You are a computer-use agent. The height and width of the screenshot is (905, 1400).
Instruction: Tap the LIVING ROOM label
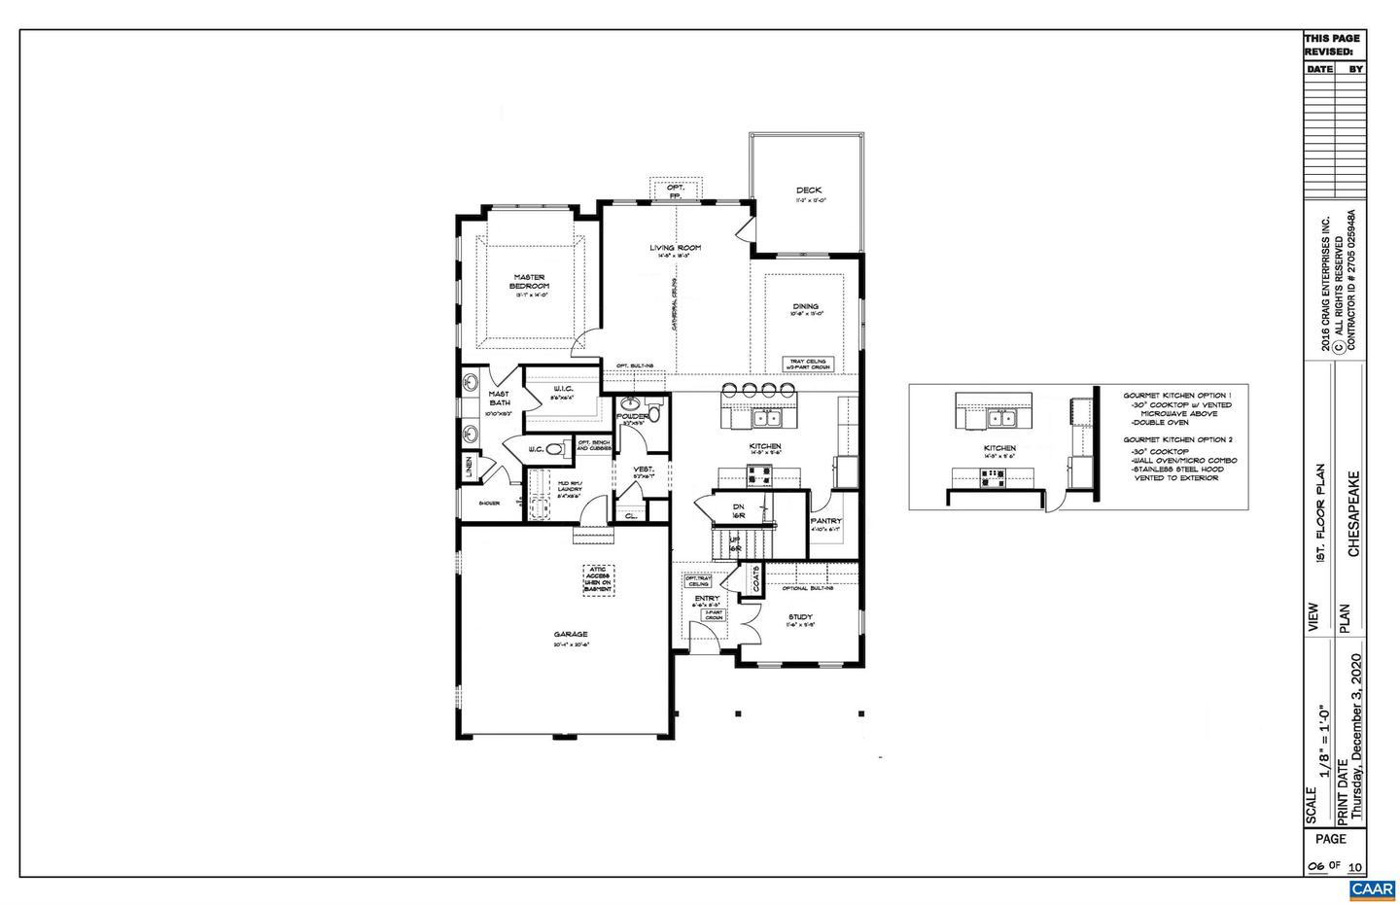(x=676, y=248)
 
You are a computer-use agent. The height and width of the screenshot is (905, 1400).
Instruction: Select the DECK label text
(x=809, y=191)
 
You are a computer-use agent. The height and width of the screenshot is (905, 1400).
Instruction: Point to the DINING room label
(x=805, y=306)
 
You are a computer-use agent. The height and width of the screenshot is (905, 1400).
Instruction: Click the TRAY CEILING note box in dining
(x=806, y=364)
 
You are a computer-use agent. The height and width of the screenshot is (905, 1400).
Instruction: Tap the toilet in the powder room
(x=654, y=415)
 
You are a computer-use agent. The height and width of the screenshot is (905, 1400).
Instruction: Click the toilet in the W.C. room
(x=556, y=449)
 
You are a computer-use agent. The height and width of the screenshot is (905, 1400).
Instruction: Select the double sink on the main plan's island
(x=769, y=419)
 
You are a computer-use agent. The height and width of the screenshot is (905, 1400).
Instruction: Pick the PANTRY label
(x=825, y=521)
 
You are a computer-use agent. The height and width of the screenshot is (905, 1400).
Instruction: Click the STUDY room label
(x=801, y=617)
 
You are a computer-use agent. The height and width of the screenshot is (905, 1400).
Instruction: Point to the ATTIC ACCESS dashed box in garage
(x=599, y=579)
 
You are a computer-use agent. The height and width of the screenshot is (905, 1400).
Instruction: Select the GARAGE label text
(x=571, y=635)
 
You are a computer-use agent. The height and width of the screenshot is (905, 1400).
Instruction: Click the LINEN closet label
(x=469, y=467)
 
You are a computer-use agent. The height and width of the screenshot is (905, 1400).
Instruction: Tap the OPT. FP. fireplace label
(x=676, y=191)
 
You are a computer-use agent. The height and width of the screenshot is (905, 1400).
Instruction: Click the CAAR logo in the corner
(x=1372, y=889)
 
